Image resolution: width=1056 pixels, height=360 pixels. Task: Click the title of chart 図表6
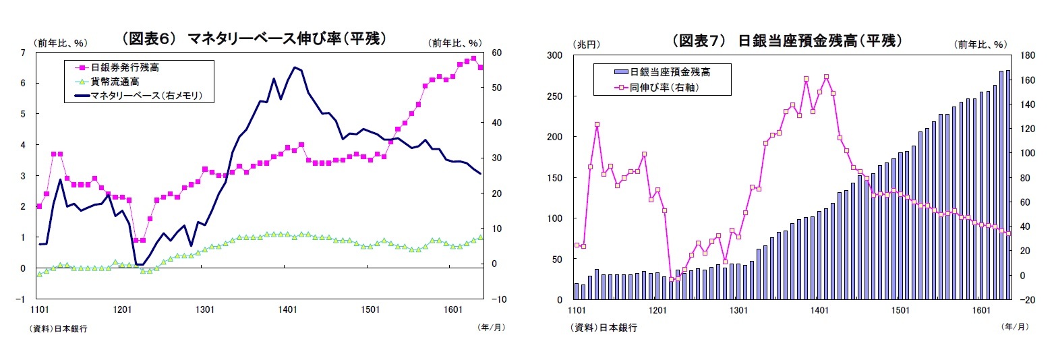[x=253, y=38]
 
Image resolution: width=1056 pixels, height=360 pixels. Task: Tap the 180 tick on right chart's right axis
[x=1028, y=55]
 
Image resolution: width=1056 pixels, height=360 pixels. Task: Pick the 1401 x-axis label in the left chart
[x=287, y=309]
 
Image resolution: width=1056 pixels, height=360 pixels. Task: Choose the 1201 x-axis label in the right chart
[x=657, y=310]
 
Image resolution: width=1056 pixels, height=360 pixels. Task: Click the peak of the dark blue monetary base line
[x=295, y=67]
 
